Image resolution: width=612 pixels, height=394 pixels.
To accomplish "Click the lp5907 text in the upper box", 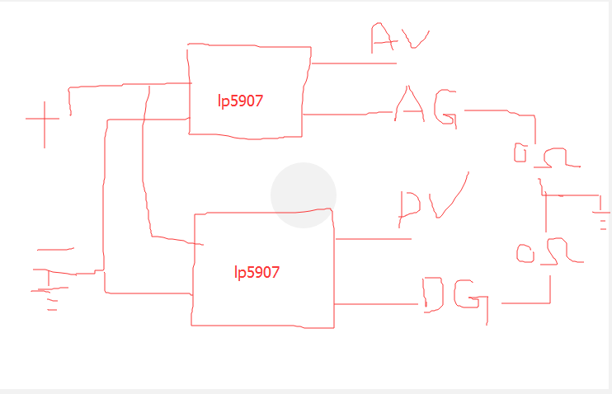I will point(240,101).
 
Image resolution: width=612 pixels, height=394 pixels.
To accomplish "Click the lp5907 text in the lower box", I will point(257,272).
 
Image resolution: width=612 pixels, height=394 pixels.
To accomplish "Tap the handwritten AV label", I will point(399,38).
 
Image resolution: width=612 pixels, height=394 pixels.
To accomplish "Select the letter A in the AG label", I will point(409,106).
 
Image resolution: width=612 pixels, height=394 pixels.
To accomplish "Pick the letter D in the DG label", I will point(434,294).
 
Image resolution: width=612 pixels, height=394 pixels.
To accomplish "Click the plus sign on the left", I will point(43,120).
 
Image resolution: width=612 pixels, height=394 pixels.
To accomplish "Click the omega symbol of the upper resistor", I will point(556,157).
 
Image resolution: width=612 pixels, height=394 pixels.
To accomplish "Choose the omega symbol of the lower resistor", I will point(562,253).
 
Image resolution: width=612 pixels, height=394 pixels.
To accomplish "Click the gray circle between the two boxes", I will point(304,195).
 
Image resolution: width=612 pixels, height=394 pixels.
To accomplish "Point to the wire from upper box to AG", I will point(346,114).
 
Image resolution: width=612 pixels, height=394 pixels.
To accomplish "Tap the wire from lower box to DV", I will point(371,239).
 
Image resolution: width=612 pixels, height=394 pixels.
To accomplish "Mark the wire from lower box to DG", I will point(375,304).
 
